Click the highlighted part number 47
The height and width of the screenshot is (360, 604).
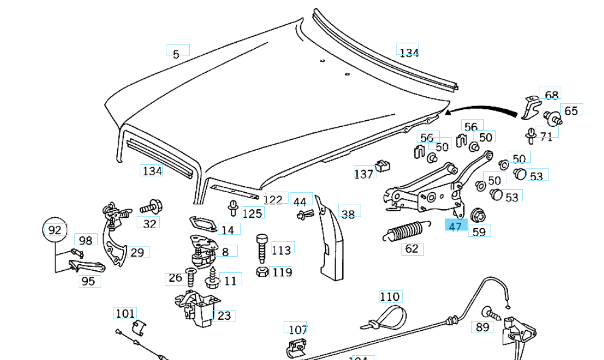[x=456, y=226]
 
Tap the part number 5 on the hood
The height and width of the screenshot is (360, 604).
[x=176, y=54]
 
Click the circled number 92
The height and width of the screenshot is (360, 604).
[x=55, y=230]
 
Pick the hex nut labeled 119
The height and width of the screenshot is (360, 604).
[x=261, y=272]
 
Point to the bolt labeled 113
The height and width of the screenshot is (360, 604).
[x=262, y=247]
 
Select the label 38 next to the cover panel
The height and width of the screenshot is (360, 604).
[x=348, y=214]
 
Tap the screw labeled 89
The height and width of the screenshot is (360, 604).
[x=488, y=313]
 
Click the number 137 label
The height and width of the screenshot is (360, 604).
[x=364, y=174]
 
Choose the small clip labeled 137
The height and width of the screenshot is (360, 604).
[x=383, y=165]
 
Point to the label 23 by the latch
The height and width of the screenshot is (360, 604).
[x=224, y=315]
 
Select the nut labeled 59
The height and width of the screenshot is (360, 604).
[x=478, y=215]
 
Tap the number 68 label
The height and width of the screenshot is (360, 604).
[x=552, y=95]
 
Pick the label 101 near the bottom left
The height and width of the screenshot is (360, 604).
[x=125, y=314]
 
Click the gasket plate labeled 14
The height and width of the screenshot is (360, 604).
[x=201, y=223]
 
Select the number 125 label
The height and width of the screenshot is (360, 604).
[x=252, y=213]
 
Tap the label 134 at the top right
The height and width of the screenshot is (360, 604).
[x=409, y=52]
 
